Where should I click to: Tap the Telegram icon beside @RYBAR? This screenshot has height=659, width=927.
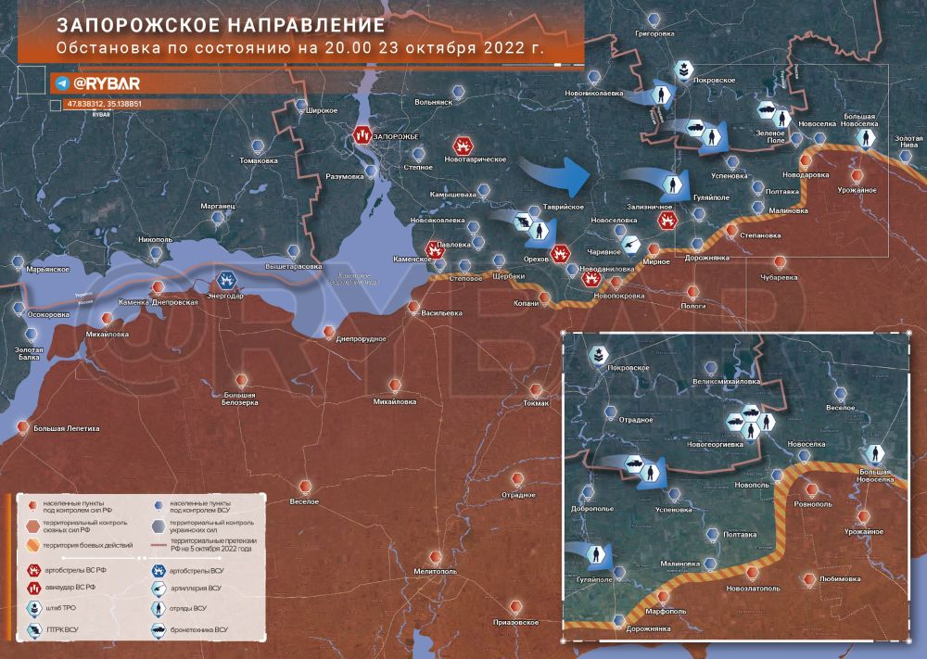62,83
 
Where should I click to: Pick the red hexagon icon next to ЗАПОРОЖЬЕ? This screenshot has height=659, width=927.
362,136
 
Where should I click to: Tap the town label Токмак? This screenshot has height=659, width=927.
536,403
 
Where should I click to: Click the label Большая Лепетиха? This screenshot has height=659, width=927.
66,429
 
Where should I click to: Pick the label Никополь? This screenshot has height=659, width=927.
155,238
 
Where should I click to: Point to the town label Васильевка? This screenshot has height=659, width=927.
441,312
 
